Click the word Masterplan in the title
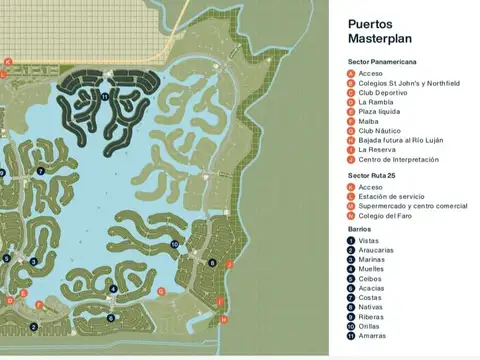click(x=377, y=38)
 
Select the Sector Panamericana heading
click(x=387, y=62)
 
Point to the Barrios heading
click(x=359, y=229)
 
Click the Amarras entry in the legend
click(x=371, y=336)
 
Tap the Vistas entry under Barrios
click(x=368, y=240)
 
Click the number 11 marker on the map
click(x=104, y=96)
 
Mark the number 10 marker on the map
click(x=174, y=244)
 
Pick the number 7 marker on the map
click(x=41, y=171)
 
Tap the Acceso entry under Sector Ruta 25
click(x=370, y=187)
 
